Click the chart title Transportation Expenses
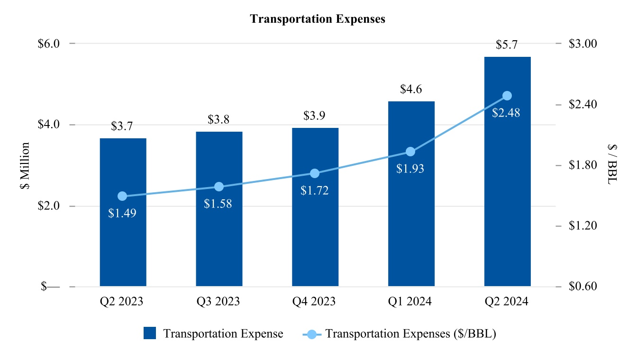click(x=318, y=19)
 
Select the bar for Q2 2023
click(x=123, y=237)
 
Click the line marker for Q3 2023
click(x=219, y=187)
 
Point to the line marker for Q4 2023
click(x=315, y=173)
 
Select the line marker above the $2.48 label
click(x=507, y=96)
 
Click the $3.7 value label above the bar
click(x=122, y=126)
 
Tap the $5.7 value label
click(x=506, y=45)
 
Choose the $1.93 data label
click(x=410, y=168)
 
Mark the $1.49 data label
click(x=122, y=213)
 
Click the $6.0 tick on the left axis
click(x=48, y=44)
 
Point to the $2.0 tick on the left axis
click(x=48, y=206)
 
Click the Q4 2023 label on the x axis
click(x=315, y=302)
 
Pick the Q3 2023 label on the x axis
click(x=218, y=302)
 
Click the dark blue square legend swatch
click(x=150, y=333)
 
